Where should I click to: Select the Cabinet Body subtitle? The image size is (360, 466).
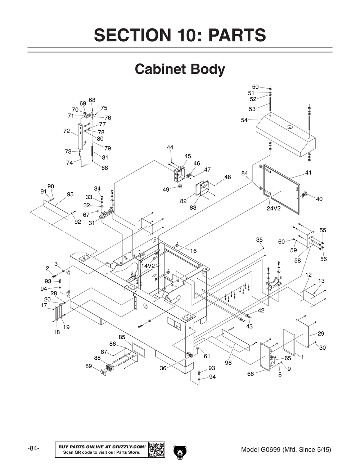[x=180, y=69]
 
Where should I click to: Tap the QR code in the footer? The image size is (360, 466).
[x=157, y=449]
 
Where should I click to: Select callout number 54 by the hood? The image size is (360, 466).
[x=244, y=120]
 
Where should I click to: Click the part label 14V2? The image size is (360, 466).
[x=148, y=266]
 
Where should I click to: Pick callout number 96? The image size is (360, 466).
[x=228, y=363]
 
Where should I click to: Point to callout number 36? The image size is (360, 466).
[x=163, y=368]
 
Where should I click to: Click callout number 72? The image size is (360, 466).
[x=67, y=131]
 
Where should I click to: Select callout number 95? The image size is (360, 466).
[x=70, y=194]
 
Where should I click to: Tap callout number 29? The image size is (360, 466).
[x=321, y=333]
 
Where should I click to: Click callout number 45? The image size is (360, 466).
[x=188, y=156]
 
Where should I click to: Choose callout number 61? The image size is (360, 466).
[x=207, y=357]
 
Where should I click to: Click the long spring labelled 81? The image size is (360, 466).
[x=93, y=151]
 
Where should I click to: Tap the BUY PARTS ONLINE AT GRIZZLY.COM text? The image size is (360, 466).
[x=102, y=447]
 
